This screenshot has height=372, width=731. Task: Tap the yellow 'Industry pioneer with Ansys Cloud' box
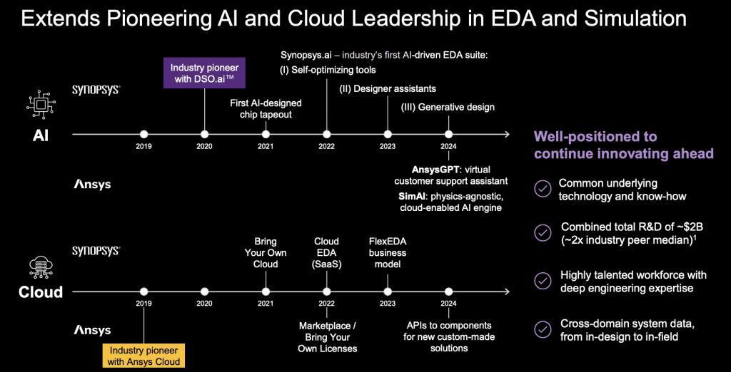click(143, 356)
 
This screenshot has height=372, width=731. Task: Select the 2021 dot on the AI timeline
click(266, 134)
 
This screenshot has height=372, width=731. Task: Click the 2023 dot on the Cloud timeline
click(388, 291)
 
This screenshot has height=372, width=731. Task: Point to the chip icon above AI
click(41, 104)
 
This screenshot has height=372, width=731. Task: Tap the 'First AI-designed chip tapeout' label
click(266, 109)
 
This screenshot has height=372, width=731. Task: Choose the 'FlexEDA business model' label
click(388, 253)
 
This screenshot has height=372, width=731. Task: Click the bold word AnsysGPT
click(436, 170)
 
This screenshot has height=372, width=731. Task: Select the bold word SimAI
click(413, 195)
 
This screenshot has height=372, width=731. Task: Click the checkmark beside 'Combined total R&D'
click(543, 233)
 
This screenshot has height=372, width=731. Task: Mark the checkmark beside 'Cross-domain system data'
click(543, 329)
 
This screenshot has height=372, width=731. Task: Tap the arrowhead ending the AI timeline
click(506, 134)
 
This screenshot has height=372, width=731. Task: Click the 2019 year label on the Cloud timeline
click(143, 303)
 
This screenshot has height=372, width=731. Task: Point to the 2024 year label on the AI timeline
click(448, 146)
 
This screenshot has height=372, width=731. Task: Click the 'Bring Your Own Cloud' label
click(266, 253)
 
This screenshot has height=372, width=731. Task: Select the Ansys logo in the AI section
click(93, 185)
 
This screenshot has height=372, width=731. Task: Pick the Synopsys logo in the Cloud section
click(96, 252)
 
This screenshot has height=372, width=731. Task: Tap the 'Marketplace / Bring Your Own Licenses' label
click(327, 337)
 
